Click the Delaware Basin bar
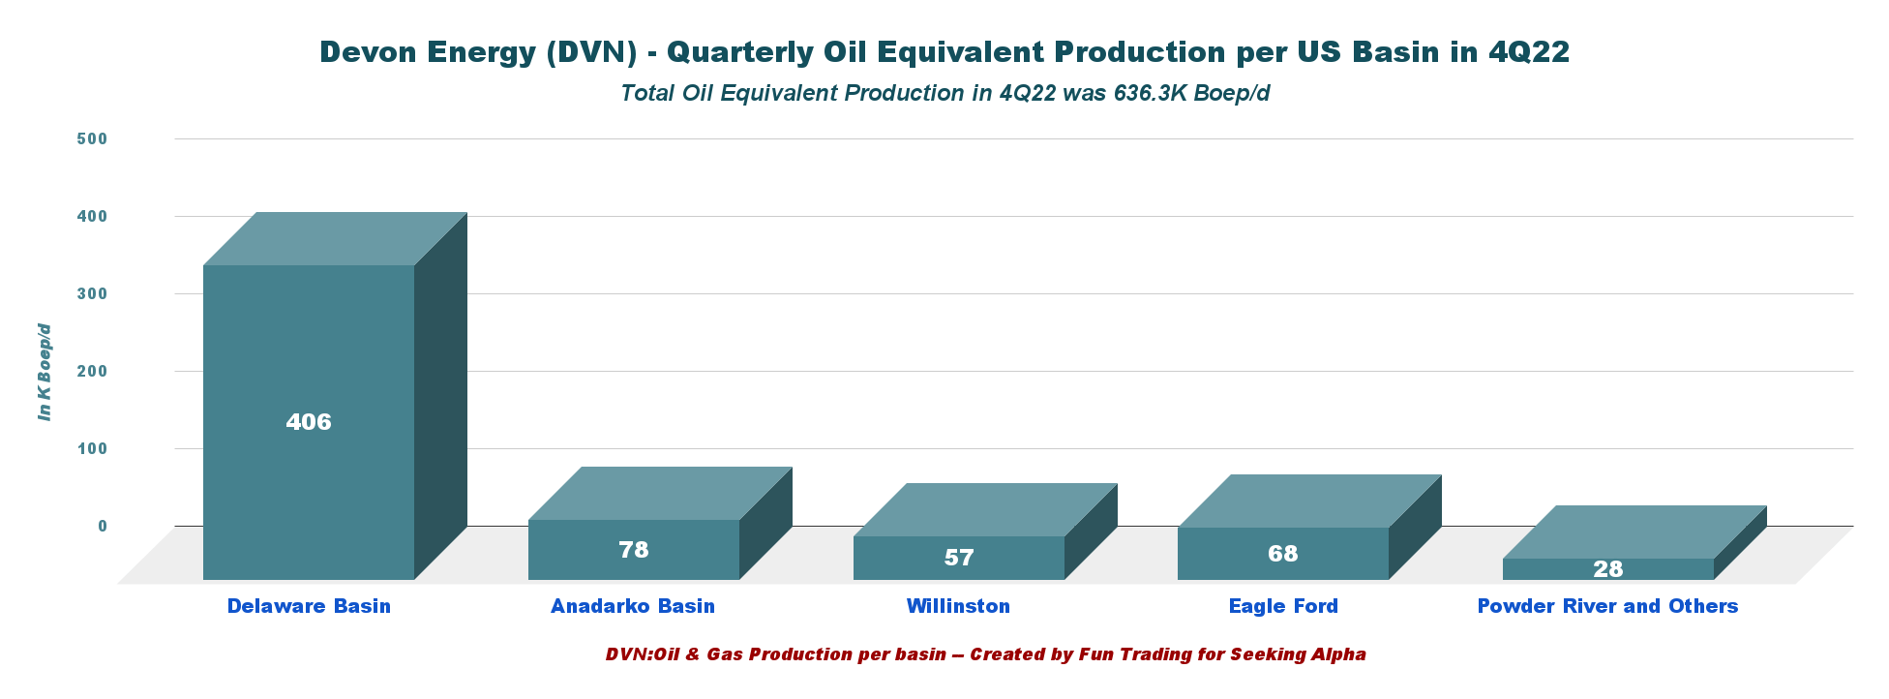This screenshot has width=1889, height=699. (x=335, y=396)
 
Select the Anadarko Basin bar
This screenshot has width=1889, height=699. (x=660, y=524)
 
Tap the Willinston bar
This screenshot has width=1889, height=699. (x=985, y=532)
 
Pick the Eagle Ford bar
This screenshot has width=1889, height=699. (x=1309, y=528)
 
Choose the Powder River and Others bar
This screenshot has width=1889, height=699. (x=1634, y=543)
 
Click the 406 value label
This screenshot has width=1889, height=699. (x=309, y=422)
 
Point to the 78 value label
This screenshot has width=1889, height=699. (x=634, y=550)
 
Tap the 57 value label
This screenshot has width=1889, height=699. (x=959, y=558)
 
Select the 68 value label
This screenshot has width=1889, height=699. (x=1283, y=554)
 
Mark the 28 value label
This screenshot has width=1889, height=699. (x=1608, y=569)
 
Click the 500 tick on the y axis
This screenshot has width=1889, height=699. (x=92, y=138)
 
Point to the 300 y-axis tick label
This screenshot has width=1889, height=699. (x=92, y=293)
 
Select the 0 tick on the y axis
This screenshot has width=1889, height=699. (x=103, y=526)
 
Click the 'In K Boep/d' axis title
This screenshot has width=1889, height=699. (x=45, y=372)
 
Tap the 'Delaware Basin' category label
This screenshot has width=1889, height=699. (x=309, y=606)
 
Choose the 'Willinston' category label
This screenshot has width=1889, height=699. (x=958, y=606)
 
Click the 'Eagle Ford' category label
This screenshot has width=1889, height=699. (x=1283, y=606)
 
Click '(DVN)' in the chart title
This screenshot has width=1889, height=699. (x=590, y=52)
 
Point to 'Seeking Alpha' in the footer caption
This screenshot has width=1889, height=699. (x=1298, y=654)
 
